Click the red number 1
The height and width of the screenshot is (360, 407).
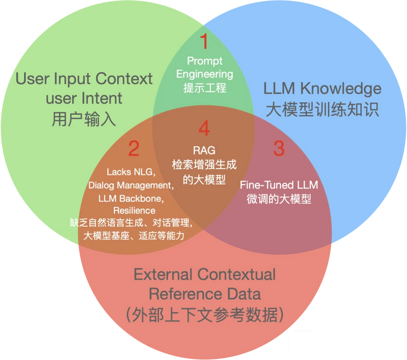click(x=204, y=42)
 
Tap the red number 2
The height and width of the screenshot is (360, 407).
click(x=134, y=148)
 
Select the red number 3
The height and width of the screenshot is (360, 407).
click(x=279, y=148)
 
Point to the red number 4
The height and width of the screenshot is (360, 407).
click(x=204, y=129)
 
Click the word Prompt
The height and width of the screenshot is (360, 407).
click(x=204, y=60)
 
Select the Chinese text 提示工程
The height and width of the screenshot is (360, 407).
click(x=204, y=87)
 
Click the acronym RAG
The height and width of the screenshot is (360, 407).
click(x=204, y=150)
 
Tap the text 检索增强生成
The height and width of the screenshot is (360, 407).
click(x=204, y=164)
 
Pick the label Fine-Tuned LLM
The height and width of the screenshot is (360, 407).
click(x=279, y=185)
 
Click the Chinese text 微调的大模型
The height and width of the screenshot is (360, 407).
click(x=279, y=198)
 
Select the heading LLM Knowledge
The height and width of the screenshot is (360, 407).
click(x=322, y=89)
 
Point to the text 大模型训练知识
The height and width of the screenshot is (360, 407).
click(x=322, y=109)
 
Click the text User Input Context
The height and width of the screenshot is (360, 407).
click(x=84, y=79)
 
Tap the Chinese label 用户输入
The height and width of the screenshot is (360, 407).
click(x=84, y=119)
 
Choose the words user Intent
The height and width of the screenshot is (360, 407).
click(x=84, y=99)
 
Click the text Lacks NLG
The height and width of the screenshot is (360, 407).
click(x=130, y=171)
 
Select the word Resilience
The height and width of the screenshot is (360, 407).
click(x=134, y=210)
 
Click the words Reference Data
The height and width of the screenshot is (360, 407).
click(x=205, y=294)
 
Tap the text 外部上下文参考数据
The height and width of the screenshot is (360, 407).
click(x=205, y=315)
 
